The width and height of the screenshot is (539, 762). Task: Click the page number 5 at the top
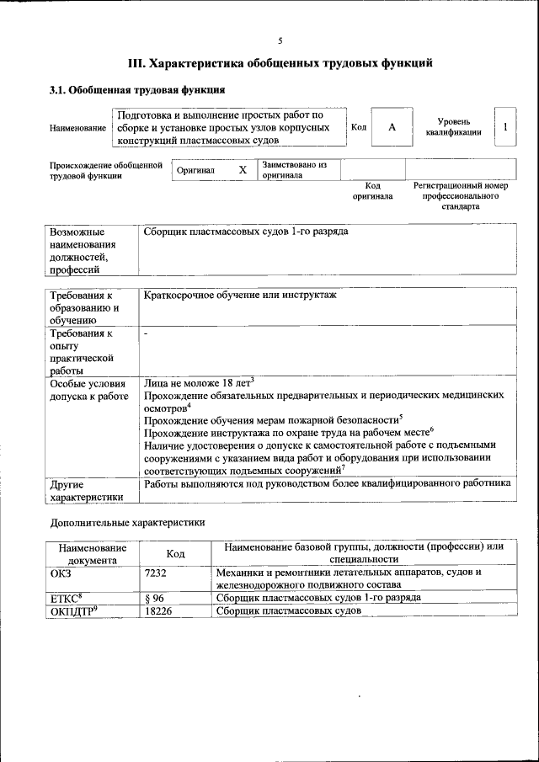280,40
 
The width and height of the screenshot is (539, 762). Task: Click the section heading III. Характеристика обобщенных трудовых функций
280,63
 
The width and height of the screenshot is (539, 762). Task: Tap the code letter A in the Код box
392,126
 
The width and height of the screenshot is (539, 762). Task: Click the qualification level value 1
504,126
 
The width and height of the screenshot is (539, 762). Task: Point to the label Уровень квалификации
453,126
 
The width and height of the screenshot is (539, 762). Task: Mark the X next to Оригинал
243,169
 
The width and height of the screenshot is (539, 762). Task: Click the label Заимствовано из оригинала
294,169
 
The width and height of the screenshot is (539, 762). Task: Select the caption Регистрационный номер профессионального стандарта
460,195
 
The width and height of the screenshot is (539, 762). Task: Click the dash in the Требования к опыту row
146,334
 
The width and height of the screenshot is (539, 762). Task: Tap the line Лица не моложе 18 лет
197,381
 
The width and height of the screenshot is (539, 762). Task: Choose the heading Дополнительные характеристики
127,522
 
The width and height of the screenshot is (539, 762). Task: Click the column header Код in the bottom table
175,553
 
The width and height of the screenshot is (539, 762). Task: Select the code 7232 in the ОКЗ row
156,573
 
